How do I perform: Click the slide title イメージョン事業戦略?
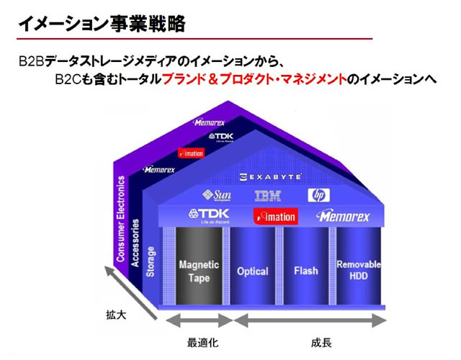[x=101, y=24]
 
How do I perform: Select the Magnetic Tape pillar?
[x=199, y=271]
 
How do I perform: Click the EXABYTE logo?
[x=271, y=176]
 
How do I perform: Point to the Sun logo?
[x=217, y=194]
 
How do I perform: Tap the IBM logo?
[x=268, y=195]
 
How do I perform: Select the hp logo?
[x=318, y=195]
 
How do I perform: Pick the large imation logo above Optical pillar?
[x=276, y=216]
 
